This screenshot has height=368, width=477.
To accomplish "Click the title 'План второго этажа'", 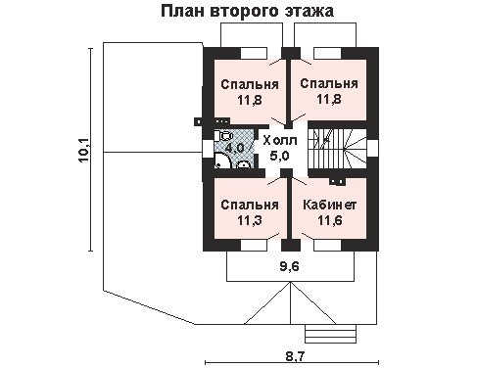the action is [x=247, y=11].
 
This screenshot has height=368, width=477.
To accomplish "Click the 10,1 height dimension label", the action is [x=83, y=150].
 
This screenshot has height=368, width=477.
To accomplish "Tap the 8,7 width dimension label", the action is [x=295, y=356].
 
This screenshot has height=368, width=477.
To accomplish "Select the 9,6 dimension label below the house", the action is [x=289, y=266].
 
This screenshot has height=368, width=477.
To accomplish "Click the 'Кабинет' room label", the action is [x=329, y=205].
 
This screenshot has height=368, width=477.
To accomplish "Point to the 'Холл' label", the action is [x=280, y=141].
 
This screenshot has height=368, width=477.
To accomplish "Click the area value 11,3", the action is [x=250, y=220].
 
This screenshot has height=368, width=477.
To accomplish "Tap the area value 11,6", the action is [x=330, y=220].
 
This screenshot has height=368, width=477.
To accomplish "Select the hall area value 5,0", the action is [x=279, y=156].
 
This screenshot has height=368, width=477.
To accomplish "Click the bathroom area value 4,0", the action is [x=235, y=148].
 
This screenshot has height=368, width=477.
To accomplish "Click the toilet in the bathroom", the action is [x=223, y=136].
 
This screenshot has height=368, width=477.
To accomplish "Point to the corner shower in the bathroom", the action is [x=221, y=161].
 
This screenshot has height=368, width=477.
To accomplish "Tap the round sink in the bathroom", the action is [x=243, y=164].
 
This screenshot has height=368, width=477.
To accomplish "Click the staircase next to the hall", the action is [x=337, y=149].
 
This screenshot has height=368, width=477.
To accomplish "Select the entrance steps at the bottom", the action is [x=330, y=334].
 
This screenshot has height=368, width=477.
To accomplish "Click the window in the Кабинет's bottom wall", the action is [x=327, y=246].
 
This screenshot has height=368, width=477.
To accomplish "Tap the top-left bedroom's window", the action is [x=255, y=53].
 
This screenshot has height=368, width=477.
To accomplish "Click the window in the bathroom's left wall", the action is [x=208, y=149].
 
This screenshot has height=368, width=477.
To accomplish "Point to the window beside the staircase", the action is [x=372, y=149].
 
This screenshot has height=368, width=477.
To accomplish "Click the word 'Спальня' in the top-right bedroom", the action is [x=329, y=83].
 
